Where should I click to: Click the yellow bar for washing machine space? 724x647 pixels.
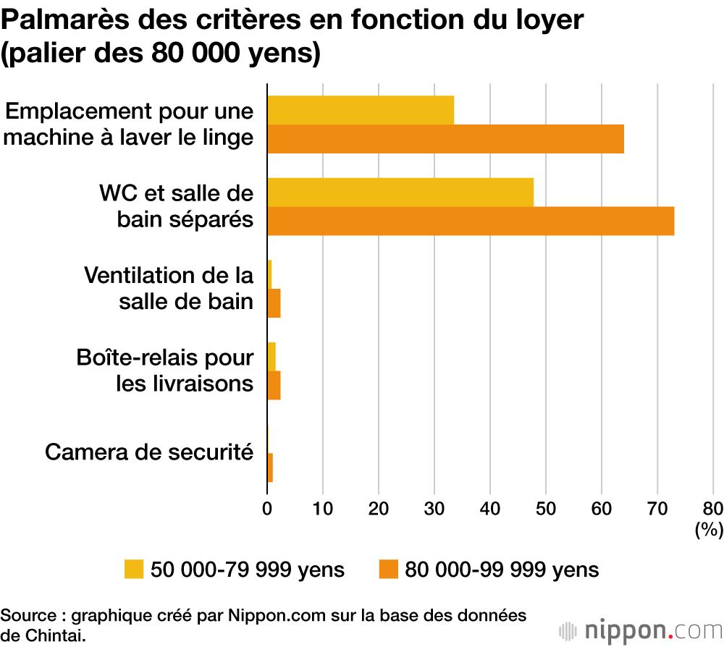pos(361,110)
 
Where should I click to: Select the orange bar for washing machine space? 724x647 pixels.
pos(445,139)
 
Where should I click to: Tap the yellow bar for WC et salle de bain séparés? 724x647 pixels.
pos(400,193)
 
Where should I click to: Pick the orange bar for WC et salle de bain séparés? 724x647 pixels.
pos(471,221)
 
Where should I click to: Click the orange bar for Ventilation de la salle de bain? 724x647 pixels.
pos(274,303)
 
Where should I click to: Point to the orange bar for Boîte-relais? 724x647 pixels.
pos(274,386)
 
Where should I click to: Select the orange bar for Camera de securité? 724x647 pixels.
pos(270,468)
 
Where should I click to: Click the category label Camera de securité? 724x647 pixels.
pos(149,452)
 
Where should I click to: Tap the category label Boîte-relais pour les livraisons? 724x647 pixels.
pos(165,370)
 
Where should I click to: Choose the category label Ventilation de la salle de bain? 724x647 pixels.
pos(169,288)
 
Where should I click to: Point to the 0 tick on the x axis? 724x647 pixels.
pos(267,508)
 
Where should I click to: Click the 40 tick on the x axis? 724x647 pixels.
pos(490,508)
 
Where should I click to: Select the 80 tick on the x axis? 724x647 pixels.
pos(713,508)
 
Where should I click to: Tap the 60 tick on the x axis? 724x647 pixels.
pos(602,508)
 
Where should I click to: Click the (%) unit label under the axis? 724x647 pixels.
pos(709,530)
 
